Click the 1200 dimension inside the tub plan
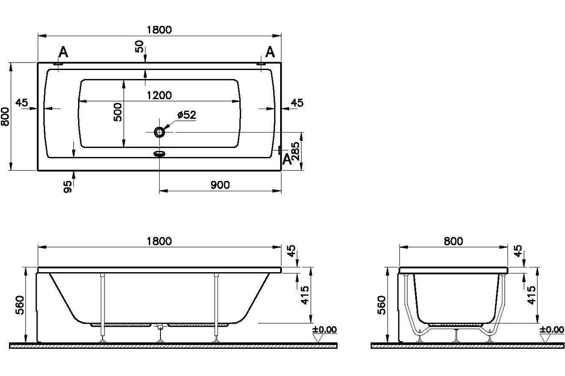[x=159, y=95]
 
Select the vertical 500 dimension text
[x=118, y=112]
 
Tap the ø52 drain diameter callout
[x=186, y=115]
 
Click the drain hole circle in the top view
[x=159, y=132]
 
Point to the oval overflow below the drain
[x=159, y=153]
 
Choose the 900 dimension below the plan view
[x=220, y=185]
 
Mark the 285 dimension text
[x=295, y=151]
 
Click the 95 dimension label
[x=67, y=187]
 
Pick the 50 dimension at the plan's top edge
[x=139, y=47]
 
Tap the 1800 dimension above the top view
[x=159, y=30]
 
